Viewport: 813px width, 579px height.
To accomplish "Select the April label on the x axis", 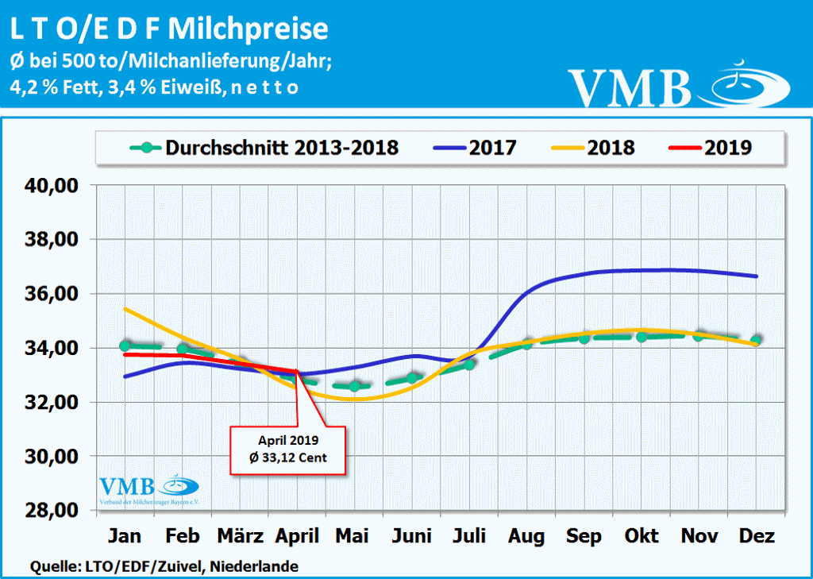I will [296, 536].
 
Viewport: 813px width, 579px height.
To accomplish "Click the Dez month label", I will [757, 536].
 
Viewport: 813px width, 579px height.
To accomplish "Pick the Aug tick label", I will [526, 536].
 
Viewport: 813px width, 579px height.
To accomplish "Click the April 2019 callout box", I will [287, 450].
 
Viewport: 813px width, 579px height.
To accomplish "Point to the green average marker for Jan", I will [125, 345].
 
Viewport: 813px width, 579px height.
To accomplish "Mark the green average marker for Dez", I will [757, 340].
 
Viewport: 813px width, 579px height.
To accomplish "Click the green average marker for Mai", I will [355, 386].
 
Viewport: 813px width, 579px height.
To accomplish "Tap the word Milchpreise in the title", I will [250, 29].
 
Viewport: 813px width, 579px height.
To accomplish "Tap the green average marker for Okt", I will [642, 336].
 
